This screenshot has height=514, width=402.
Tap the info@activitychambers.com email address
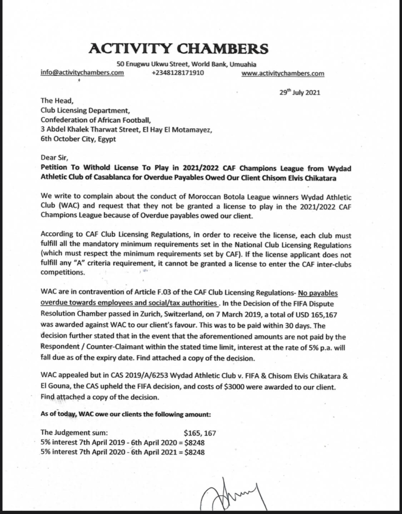(x=82, y=73)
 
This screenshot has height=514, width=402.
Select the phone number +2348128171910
(x=178, y=73)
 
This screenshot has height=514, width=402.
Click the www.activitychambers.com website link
(x=282, y=73)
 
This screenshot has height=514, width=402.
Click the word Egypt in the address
(x=106, y=139)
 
